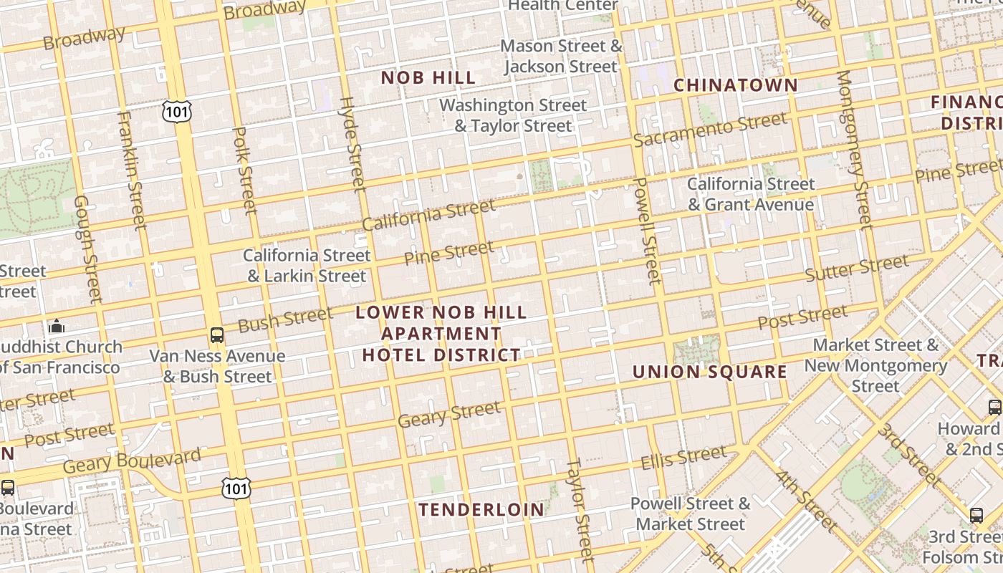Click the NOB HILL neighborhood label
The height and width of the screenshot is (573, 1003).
tap(428, 77)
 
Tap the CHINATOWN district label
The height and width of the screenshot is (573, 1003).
tap(736, 85)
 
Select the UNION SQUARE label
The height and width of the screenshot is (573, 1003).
tap(710, 372)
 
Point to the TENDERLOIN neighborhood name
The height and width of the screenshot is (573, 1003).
tap(481, 509)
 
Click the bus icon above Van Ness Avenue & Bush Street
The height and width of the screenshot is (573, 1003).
tap(216, 334)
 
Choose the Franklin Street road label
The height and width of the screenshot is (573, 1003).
tap(133, 170)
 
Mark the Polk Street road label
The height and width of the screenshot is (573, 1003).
tap(245, 170)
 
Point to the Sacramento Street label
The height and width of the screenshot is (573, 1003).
tap(710, 129)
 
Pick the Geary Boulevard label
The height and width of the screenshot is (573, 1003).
tap(132, 461)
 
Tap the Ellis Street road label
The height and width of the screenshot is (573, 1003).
tap(683, 456)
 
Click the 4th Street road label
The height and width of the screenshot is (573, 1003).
tap(805, 501)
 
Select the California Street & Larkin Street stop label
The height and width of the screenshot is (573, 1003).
tap(307, 266)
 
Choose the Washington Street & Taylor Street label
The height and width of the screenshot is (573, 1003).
tap(513, 115)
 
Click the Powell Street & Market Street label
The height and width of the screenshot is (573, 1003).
tap(690, 514)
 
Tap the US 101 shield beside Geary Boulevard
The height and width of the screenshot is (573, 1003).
tap(236, 488)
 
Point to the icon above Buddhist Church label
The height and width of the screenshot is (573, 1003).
tap(57, 327)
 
